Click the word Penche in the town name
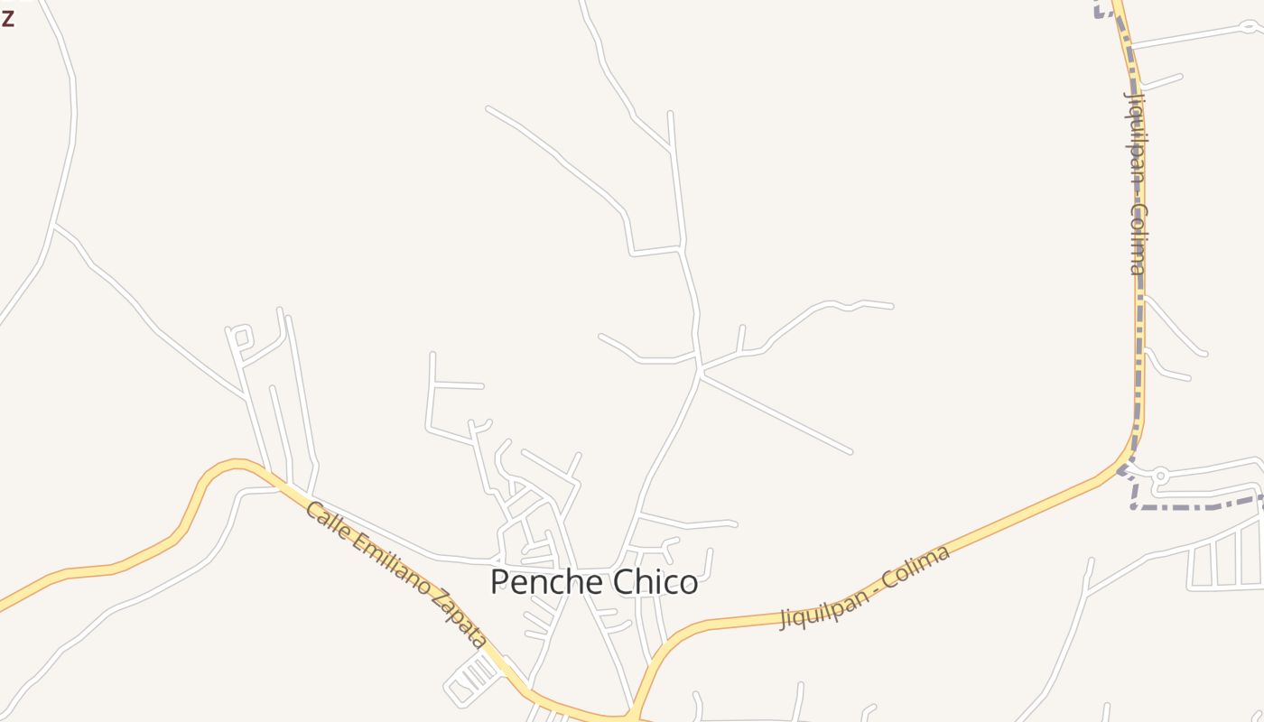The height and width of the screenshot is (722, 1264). coord(541,582)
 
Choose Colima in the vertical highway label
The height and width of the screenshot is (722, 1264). coord(1138,239)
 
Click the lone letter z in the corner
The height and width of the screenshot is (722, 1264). coord(7,17)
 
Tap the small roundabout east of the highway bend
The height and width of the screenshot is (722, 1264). coord(1161,475)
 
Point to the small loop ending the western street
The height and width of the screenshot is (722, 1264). coord(240,338)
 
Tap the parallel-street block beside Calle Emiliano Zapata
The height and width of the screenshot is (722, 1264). coord(474,677)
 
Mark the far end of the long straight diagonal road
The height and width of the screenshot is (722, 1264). coord(850,451)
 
